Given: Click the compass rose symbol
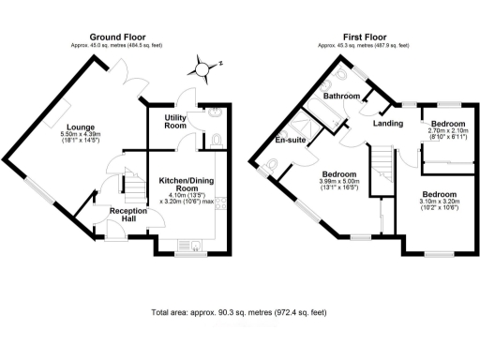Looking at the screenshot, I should click(x=202, y=67).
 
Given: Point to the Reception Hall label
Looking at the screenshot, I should click(x=127, y=217).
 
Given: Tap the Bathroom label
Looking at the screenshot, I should click(x=342, y=96).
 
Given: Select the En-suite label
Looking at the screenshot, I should click(x=291, y=141).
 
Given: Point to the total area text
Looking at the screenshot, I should click(x=239, y=312).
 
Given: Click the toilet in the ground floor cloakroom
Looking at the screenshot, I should click(x=217, y=141).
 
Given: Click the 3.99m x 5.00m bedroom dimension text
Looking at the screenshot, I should click(x=339, y=185).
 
